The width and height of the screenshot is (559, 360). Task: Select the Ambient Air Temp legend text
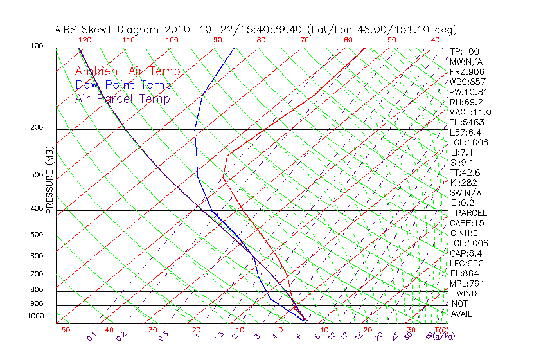pos(127,71)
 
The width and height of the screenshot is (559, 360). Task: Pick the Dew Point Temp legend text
pos(123,85)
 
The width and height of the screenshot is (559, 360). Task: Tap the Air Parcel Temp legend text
pos(122,98)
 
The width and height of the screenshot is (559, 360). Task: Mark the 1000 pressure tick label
pos(36,316)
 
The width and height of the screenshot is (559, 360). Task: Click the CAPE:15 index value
pos(466,223)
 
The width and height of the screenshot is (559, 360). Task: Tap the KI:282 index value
pos(464,183)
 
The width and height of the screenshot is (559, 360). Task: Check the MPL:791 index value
pos(466,283)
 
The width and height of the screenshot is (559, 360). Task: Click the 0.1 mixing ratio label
pos(91,336)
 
